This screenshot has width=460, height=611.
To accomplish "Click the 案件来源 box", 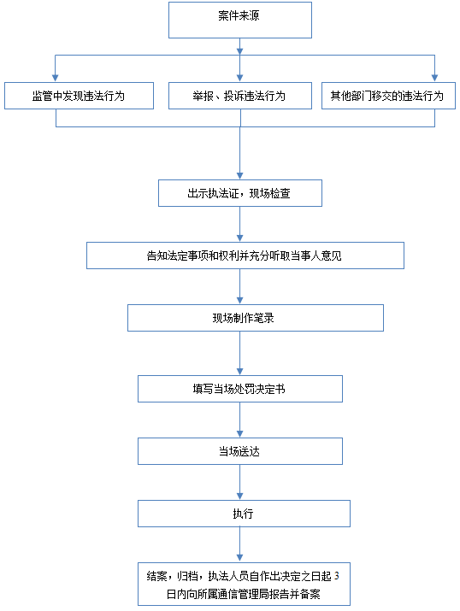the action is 240,20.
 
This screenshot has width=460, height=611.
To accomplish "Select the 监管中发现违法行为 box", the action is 80,96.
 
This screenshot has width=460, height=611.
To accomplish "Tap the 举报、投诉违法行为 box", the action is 240,96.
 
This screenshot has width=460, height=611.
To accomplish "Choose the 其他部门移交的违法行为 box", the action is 388,96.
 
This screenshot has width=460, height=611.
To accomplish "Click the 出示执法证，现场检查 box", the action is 240,193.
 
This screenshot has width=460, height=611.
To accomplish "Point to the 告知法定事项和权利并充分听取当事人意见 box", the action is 245,256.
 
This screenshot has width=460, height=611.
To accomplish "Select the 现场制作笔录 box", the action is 256,318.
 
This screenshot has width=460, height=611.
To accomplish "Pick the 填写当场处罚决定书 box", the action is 240,389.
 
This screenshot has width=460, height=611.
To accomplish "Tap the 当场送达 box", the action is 240,451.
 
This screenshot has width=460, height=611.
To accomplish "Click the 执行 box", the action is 244,514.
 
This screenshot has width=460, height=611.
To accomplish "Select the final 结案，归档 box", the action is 244,584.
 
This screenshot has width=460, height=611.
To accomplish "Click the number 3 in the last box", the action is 336,576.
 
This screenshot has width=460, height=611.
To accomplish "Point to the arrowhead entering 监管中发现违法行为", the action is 56,79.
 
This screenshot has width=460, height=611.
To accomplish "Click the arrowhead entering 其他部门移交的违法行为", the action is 434,79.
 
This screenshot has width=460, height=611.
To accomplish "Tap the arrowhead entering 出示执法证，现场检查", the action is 240,176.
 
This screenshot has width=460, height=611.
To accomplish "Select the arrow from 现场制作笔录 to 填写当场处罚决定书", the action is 240,354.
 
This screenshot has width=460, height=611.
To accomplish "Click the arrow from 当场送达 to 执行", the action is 240,483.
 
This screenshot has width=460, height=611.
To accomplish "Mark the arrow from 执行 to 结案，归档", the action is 240,544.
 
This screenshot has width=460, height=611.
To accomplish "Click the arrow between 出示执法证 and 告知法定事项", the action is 240,224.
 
